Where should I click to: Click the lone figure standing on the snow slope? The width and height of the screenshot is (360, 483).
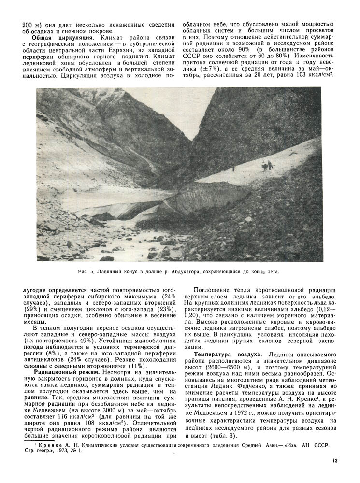(x=234, y=169)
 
